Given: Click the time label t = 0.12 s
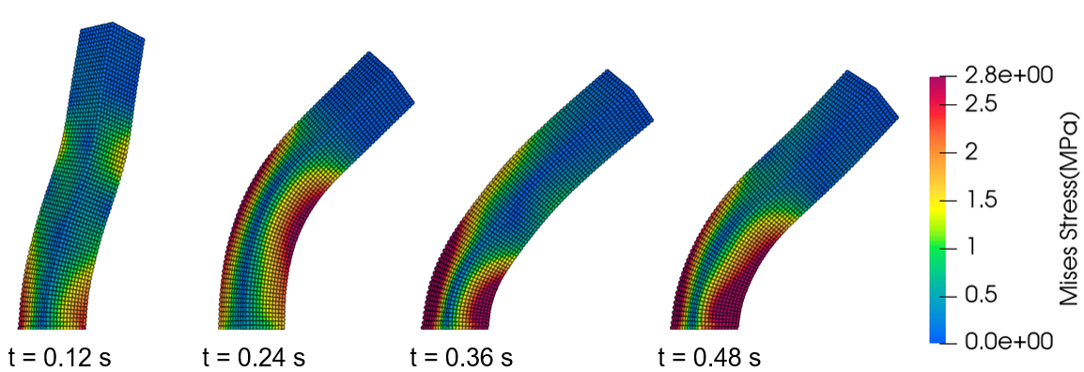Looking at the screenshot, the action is point(60,358).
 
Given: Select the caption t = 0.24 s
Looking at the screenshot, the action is point(254,358).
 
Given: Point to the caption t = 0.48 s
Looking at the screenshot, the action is point(709,358).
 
